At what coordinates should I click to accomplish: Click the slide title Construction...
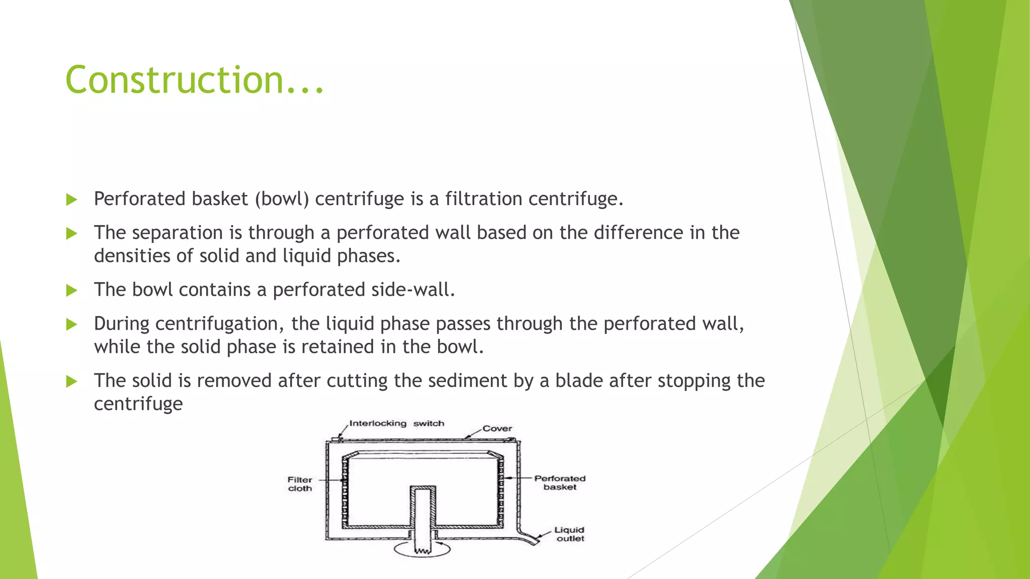194,80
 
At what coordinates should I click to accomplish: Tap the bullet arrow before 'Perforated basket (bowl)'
71,200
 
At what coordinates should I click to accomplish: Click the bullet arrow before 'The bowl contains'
71,291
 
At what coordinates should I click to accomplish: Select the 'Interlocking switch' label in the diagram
396,423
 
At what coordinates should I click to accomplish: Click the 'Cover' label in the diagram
497,429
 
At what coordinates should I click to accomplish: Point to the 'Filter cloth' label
300,484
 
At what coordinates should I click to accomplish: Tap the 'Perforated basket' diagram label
560,482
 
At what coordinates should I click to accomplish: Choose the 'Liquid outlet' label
569,534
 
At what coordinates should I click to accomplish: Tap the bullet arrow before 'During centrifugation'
71,324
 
